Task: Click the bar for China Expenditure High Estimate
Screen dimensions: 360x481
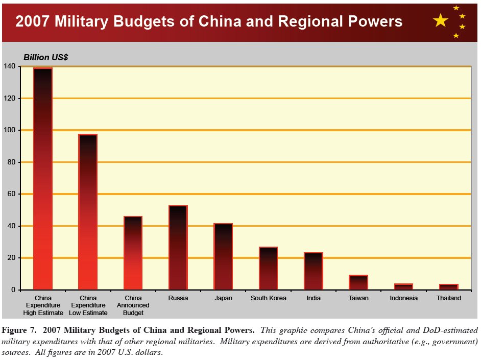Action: click(42, 179)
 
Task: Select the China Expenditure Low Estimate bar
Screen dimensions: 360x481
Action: click(87, 212)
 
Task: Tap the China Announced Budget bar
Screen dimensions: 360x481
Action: click(133, 253)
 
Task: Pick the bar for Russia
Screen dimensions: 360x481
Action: click(178, 248)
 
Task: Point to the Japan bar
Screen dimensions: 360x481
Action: click(223, 257)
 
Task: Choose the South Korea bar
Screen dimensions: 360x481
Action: click(268, 269)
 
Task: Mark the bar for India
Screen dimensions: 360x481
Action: click(313, 271)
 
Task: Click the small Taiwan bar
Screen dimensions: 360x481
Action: click(358, 282)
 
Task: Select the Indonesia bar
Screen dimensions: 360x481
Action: click(403, 287)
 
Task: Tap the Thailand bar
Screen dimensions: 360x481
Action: click(448, 287)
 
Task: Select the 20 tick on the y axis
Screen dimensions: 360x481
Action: click(11, 258)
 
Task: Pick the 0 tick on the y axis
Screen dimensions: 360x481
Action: click(13, 290)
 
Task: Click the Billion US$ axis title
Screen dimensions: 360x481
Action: click(46, 58)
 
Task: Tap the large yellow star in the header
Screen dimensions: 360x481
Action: click(440, 21)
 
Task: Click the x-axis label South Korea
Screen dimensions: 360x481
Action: click(268, 298)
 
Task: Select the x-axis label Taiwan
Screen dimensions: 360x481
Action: click(358, 298)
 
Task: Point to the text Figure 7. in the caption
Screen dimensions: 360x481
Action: click(20, 330)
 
